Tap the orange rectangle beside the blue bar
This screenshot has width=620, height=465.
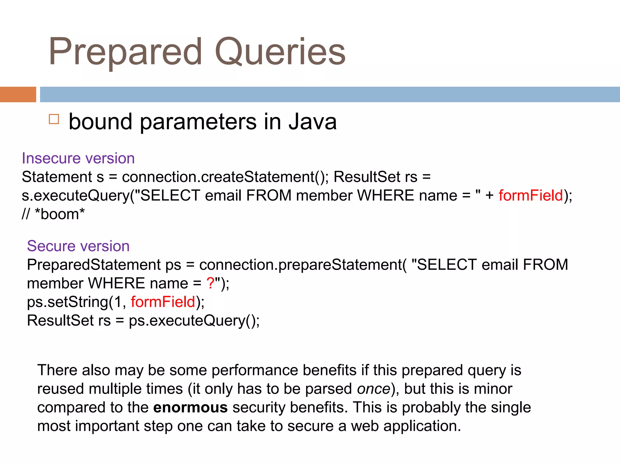point(18,94)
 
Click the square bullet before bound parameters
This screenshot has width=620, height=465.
point(54,119)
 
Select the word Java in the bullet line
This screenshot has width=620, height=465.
point(312,122)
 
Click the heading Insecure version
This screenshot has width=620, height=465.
point(78,158)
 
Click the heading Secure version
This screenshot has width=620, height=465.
point(78,246)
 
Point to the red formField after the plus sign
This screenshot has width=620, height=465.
point(530,196)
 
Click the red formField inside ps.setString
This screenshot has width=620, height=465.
point(163,302)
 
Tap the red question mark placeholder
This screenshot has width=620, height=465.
point(210,283)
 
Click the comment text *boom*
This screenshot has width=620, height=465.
point(60,214)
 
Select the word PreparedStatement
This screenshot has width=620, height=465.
point(94,265)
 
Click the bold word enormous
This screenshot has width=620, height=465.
point(190,407)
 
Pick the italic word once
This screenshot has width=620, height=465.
point(374,389)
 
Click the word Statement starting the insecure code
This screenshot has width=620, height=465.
point(57,177)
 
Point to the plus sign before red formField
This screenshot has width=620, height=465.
point(489,196)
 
